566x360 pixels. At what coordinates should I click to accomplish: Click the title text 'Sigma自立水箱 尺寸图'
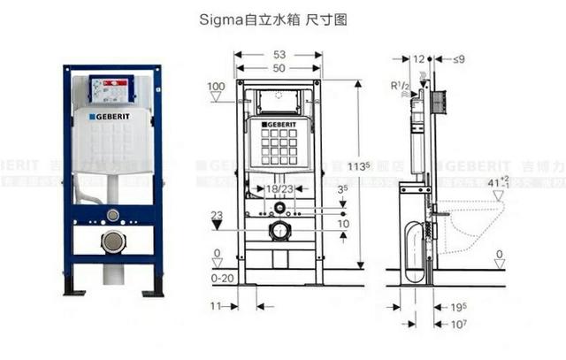tap(282, 18)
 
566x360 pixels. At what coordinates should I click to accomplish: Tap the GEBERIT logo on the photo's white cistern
tap(113, 115)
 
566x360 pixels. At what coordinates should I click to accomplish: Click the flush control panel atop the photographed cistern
tap(111, 87)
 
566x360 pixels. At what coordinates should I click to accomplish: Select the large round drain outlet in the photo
tap(113, 241)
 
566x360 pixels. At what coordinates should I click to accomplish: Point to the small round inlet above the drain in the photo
tap(113, 215)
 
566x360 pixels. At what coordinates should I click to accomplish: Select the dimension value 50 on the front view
tap(279, 68)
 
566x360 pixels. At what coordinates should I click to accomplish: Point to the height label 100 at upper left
tap(215, 86)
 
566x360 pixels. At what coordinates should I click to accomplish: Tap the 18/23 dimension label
tap(279, 189)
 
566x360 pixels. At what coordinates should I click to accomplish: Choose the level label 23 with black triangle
tap(217, 215)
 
